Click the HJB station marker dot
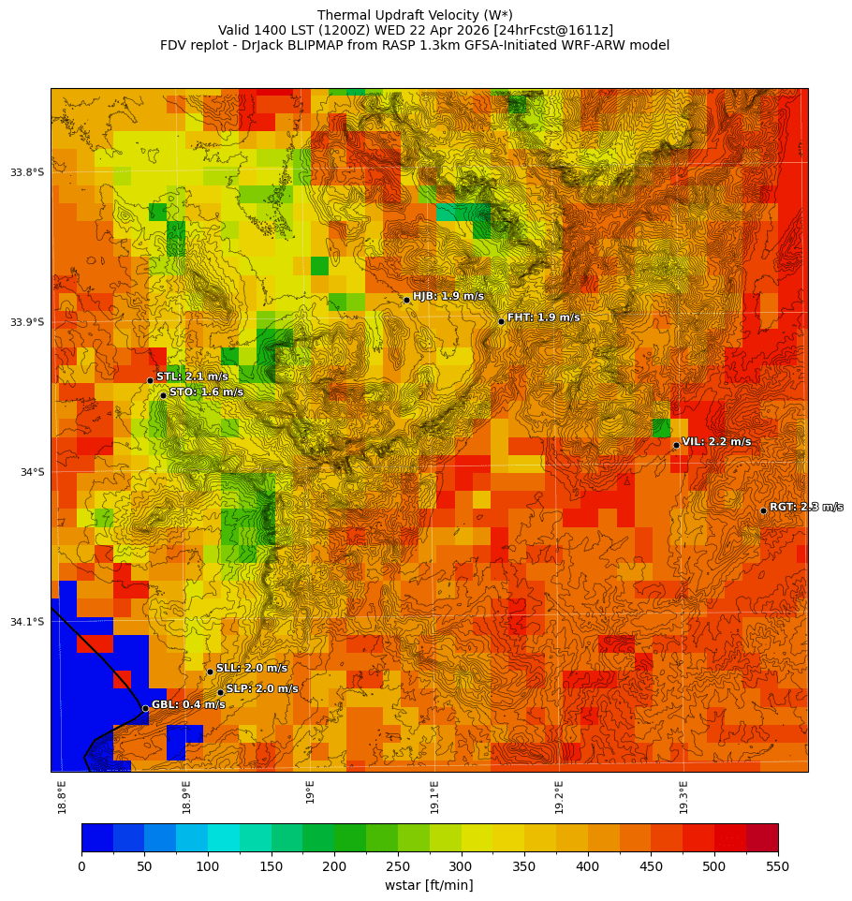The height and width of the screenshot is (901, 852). point(406,300)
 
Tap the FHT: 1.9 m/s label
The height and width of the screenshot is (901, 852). point(543,318)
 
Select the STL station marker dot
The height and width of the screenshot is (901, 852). point(150,380)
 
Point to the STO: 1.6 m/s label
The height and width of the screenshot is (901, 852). point(206,392)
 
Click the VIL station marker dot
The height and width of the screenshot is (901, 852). point(676,445)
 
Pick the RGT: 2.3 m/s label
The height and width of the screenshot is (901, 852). point(805,507)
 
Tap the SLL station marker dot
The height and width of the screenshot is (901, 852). point(210,672)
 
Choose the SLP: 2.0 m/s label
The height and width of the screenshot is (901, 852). point(262,688)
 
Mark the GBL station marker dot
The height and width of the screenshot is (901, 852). point(145,708)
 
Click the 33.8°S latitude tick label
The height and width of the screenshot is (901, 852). point(27,172)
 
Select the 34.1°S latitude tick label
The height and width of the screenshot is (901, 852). point(27,622)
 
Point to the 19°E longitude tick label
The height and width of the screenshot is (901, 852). point(311,791)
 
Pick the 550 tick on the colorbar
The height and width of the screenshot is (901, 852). point(778,866)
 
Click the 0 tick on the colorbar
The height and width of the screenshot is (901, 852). point(81,866)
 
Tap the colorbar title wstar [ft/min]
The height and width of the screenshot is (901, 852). point(429,885)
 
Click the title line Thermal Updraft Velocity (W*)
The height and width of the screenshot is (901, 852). point(415,15)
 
